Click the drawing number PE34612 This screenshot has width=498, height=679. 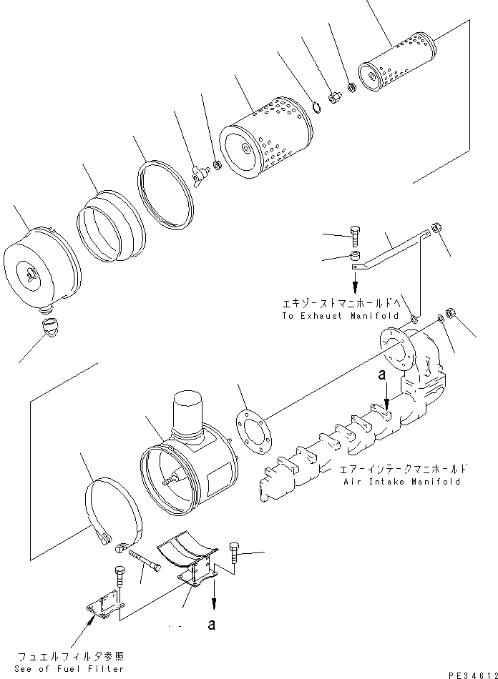click(x=465, y=673)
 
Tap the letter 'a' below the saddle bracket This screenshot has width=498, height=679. click(x=211, y=625)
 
